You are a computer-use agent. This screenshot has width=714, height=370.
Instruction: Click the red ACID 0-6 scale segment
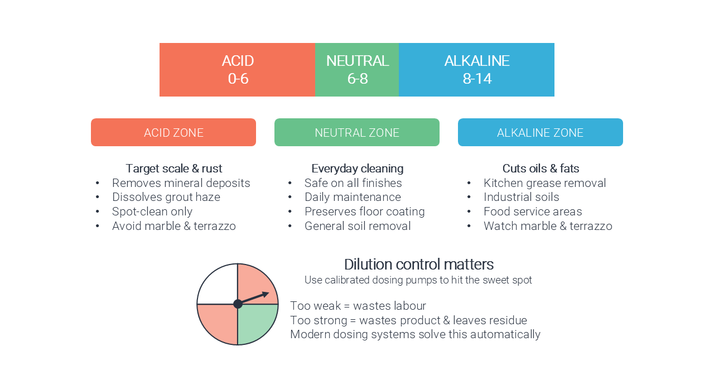pos(237,70)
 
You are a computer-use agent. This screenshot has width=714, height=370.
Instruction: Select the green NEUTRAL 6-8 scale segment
pos(357,70)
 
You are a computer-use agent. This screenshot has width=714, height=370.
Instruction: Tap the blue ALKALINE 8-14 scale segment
pos(476,70)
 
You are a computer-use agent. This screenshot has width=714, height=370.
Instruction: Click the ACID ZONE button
pos(173,132)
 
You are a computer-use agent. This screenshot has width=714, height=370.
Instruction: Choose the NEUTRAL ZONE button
pos(357,132)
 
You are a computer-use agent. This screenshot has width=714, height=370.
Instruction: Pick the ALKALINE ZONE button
pos(541,132)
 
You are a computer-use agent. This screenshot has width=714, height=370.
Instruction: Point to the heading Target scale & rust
pos(173,169)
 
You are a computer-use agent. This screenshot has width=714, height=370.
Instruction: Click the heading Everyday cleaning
pos(358,169)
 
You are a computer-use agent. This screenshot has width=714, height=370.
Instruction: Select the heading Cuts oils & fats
pos(541,169)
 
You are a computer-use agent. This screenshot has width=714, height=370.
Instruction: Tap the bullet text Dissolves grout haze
pos(166,197)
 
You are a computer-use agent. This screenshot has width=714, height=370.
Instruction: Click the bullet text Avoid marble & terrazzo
pos(174,226)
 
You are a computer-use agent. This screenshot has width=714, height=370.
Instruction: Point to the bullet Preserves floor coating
pos(365,212)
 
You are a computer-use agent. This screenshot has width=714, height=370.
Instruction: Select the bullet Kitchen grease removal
pos(545,183)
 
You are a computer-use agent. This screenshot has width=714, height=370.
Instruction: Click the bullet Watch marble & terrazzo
pos(548,226)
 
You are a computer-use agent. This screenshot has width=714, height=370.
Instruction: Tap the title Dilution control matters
pos(419,265)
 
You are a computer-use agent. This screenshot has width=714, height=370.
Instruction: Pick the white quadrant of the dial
pos(218,284)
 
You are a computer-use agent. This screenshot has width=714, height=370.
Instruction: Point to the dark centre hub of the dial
pos(238,304)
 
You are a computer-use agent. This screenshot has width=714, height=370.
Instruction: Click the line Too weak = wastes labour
pos(358,306)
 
